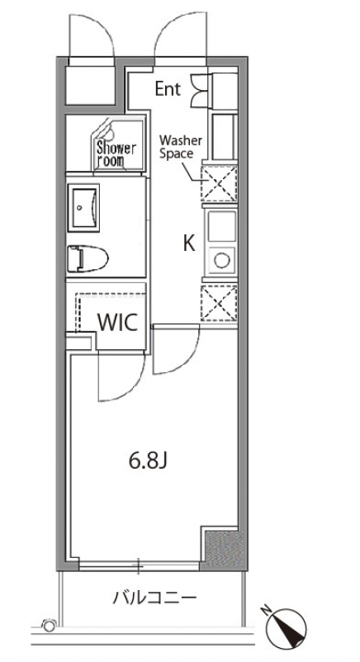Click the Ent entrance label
168,88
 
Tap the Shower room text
116,154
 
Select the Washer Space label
182,146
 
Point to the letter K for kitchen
189,244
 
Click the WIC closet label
118,323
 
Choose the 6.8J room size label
149,461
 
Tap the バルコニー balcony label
154,598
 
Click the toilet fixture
88,258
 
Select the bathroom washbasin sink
83,207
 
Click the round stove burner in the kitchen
221,260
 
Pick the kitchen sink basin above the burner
221,226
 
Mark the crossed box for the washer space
219,183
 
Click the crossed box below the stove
219,303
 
